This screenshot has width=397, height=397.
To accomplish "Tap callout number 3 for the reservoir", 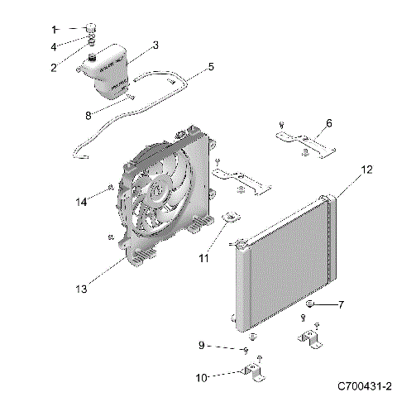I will pyautogui.click(x=155, y=45).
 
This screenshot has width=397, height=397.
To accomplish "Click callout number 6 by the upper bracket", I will pyautogui.click(x=328, y=122).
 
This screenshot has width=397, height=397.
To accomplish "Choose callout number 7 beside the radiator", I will pyautogui.click(x=341, y=305).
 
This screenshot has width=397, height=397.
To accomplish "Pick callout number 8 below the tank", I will pyautogui.click(x=89, y=116).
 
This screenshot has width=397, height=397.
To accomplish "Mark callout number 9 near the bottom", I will pyautogui.click(x=201, y=345).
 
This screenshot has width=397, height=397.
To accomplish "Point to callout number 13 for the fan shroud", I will pyautogui.click(x=81, y=289).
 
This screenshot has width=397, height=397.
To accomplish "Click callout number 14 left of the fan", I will pyautogui.click(x=81, y=202).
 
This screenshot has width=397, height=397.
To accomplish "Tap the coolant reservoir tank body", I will pyautogui.click(x=112, y=70).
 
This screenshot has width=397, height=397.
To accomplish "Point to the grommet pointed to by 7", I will pyautogui.click(x=309, y=306).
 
